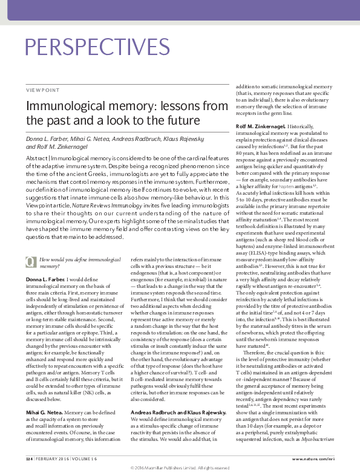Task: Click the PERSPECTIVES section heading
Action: point(96,47)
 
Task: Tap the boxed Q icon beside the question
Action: point(29,278)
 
